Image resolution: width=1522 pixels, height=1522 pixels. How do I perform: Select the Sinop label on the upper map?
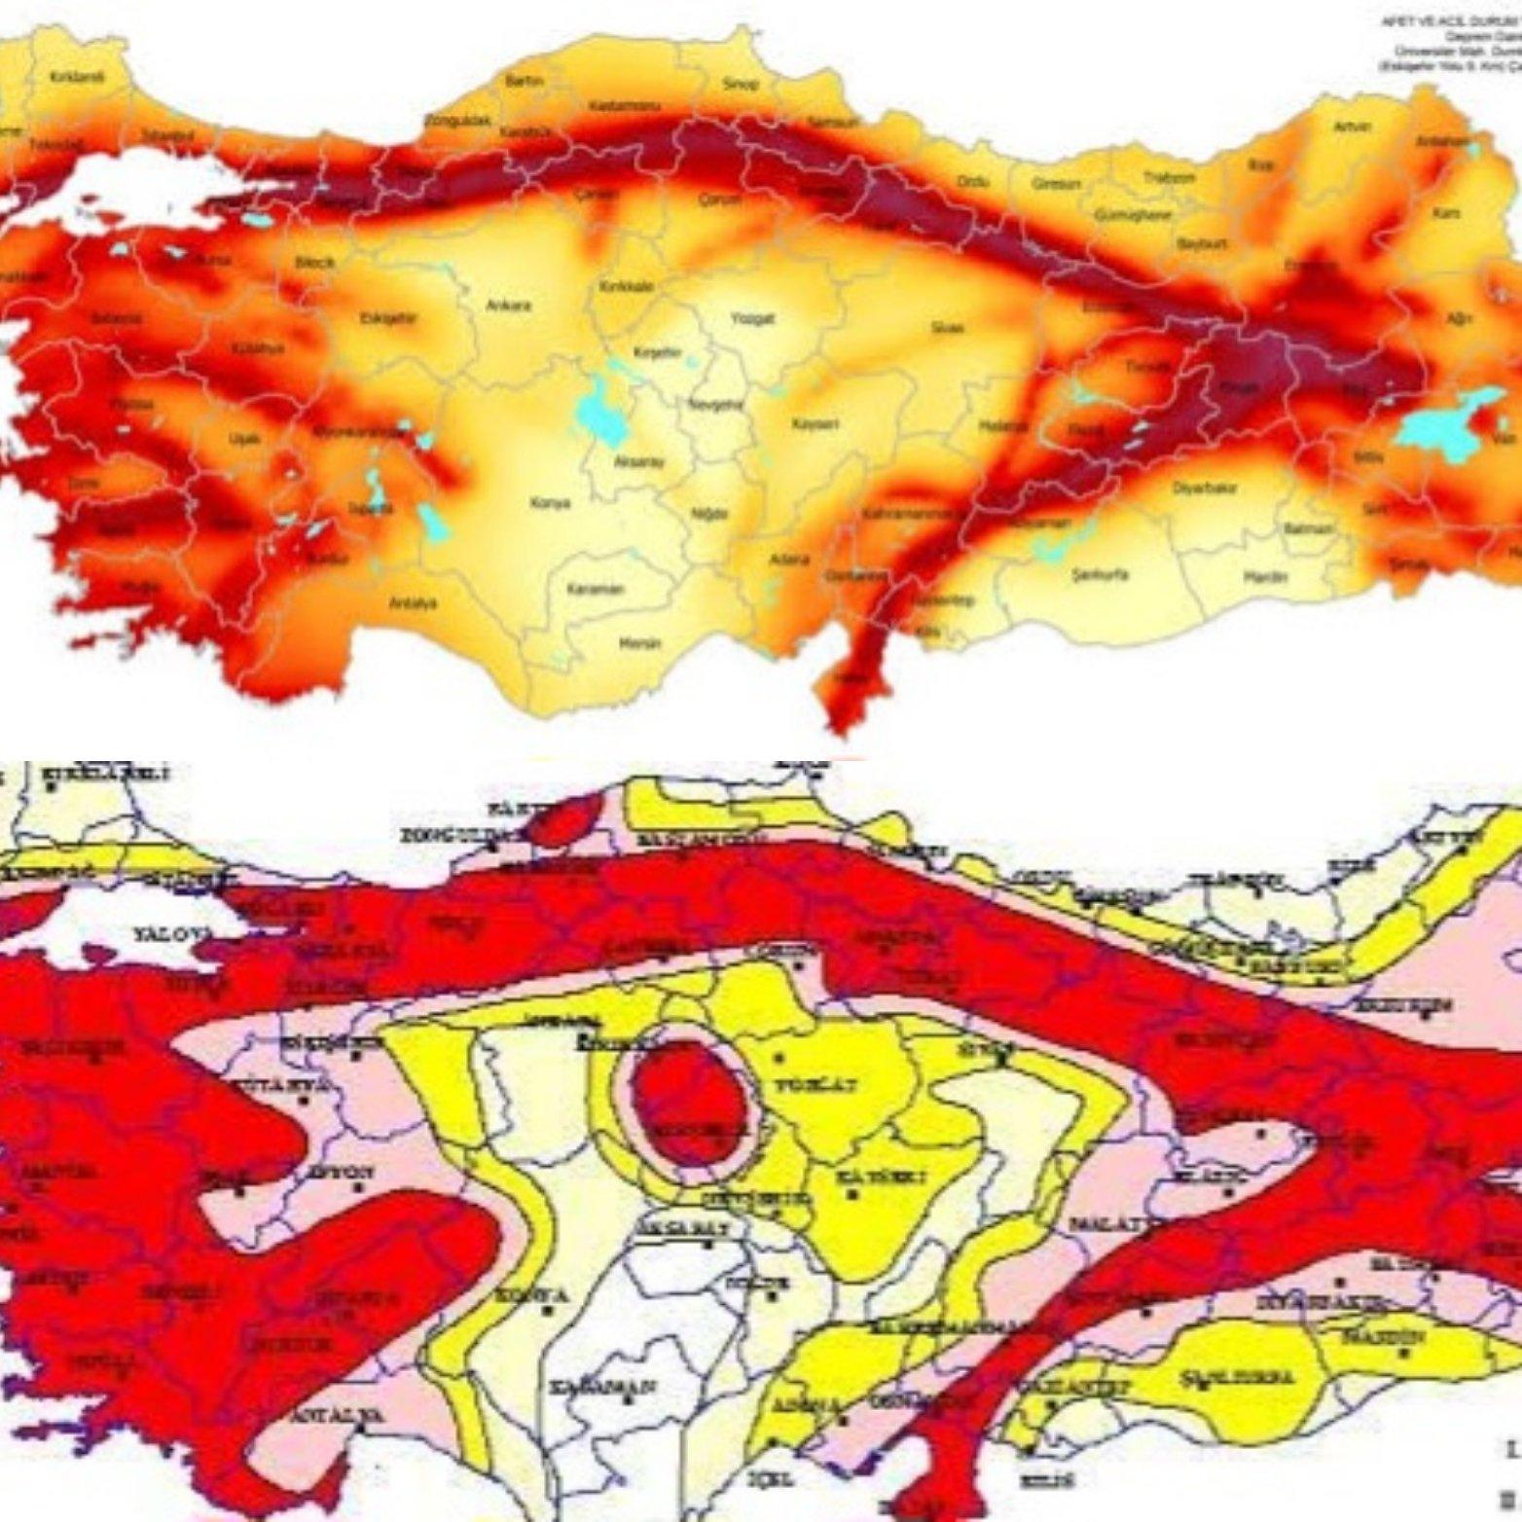[x=734, y=84]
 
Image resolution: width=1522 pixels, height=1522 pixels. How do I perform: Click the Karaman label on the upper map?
[x=602, y=589]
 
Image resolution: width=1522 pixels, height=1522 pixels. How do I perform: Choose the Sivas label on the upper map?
[x=946, y=328]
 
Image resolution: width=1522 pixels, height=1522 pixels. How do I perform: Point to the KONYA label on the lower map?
[x=531, y=1295]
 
